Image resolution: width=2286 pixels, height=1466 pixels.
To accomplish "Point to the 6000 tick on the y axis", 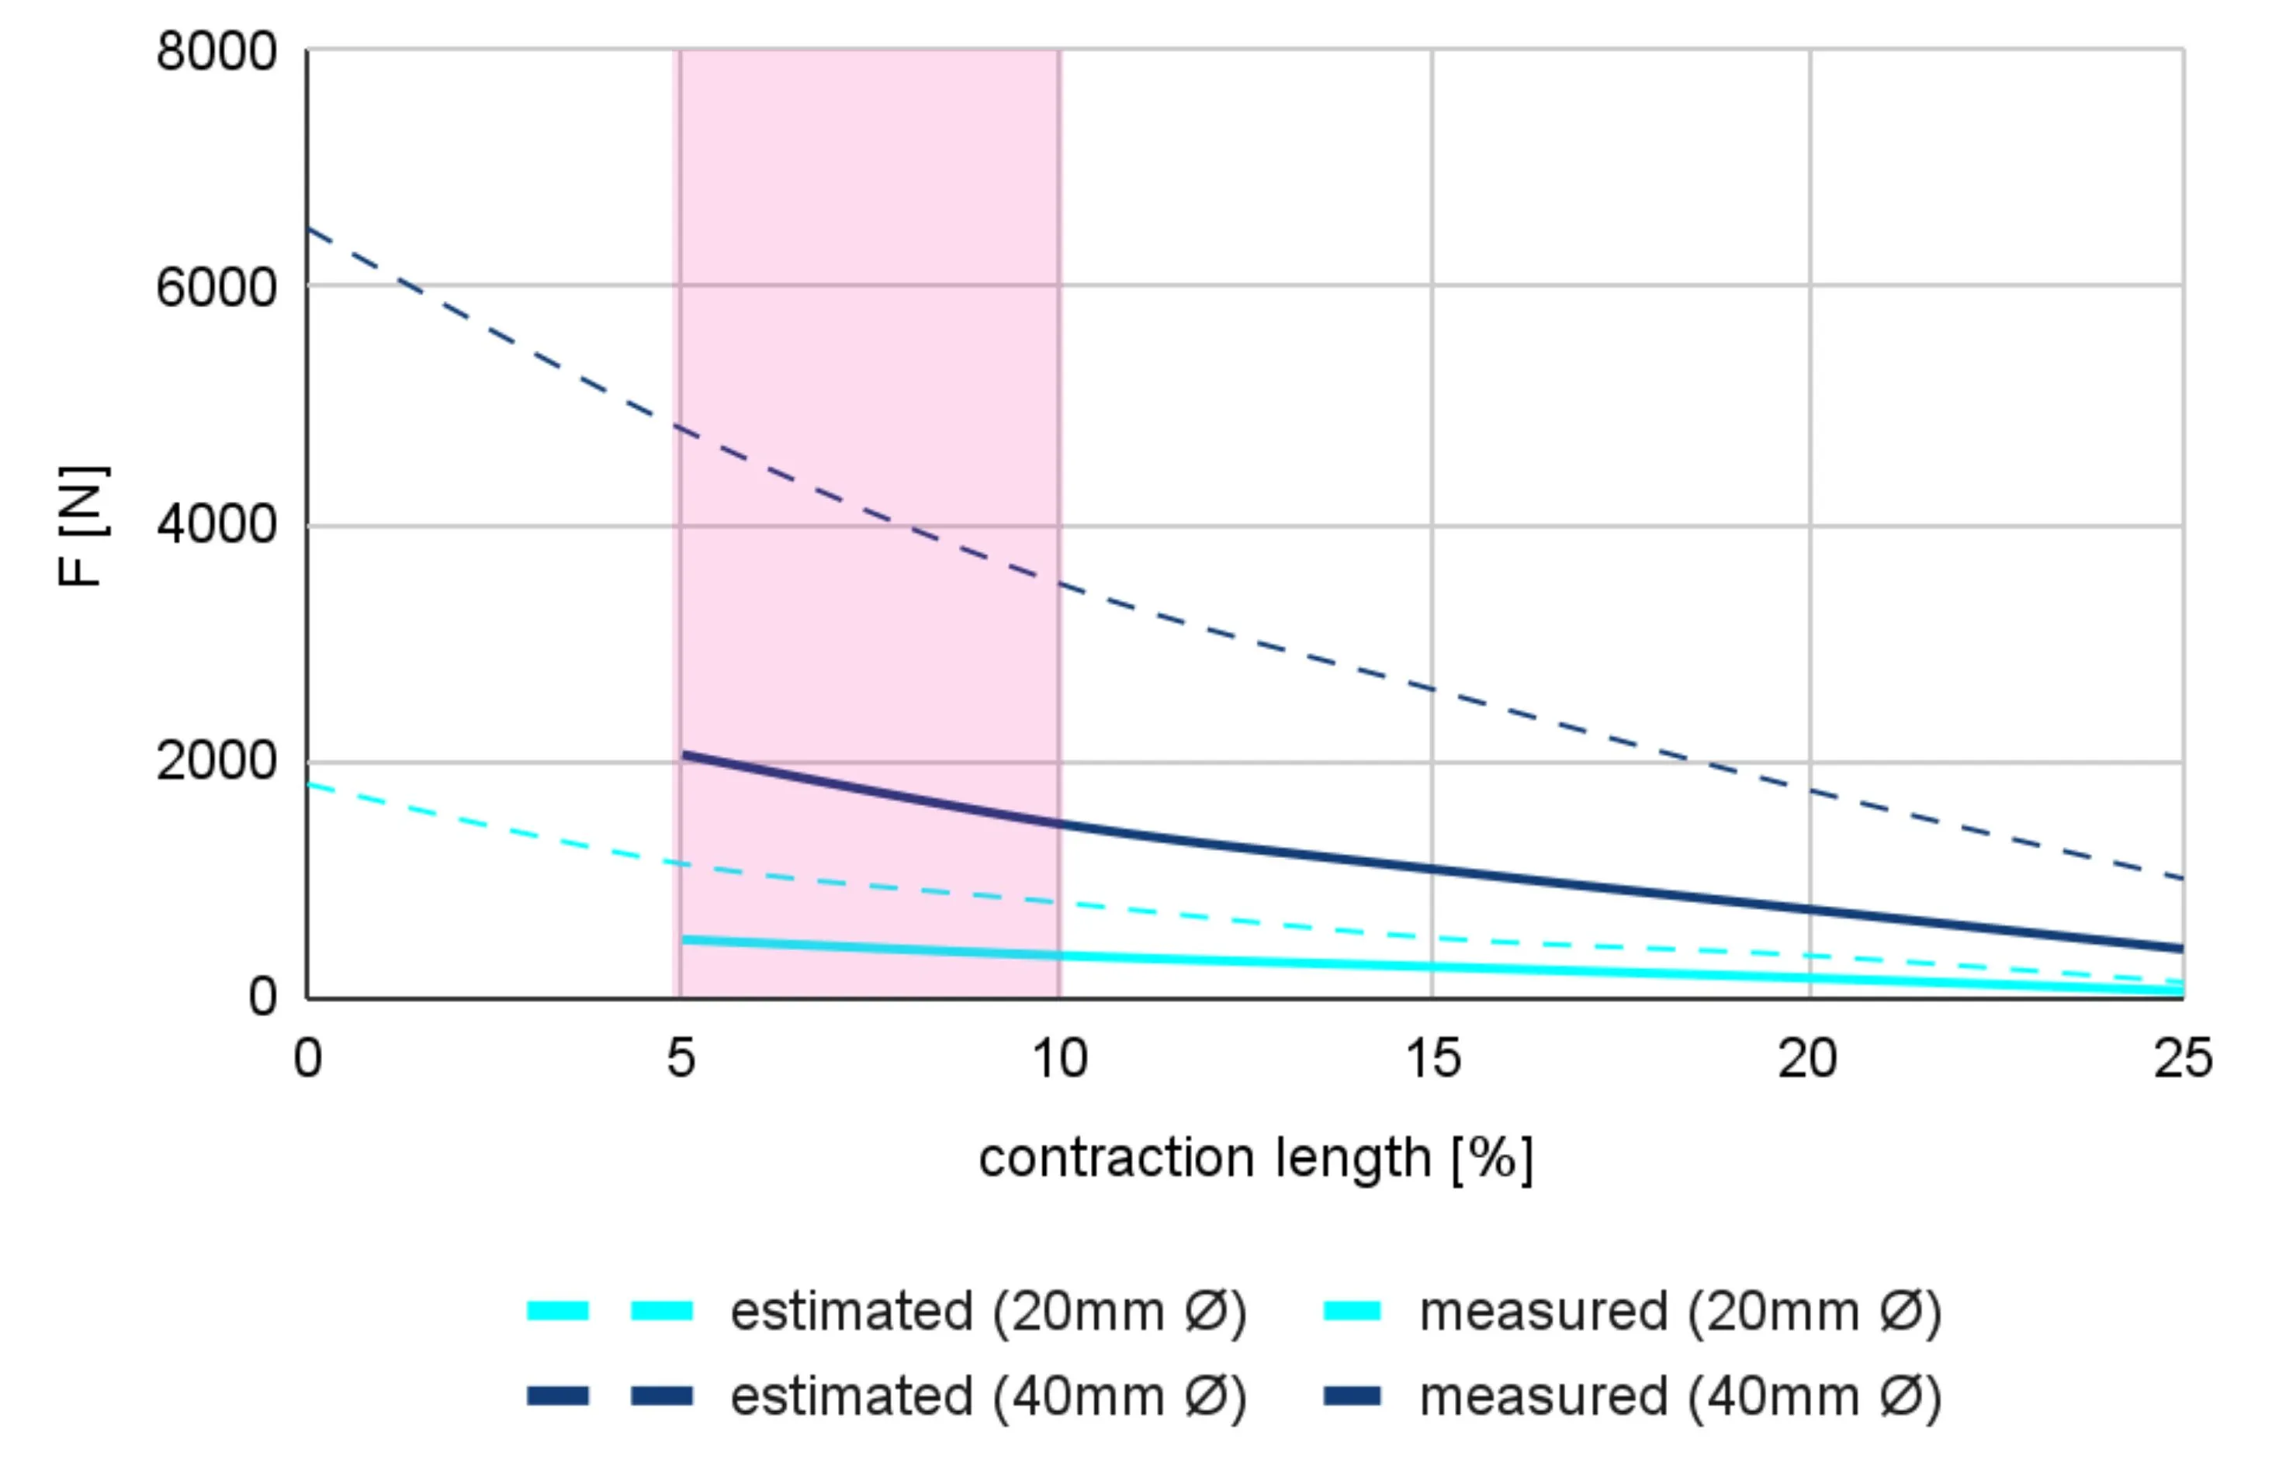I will point(216,288).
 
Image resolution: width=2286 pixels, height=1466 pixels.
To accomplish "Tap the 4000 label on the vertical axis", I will point(216,524).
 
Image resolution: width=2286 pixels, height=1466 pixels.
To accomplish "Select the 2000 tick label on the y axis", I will point(216,762).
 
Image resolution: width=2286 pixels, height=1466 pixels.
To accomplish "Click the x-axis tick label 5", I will point(681,1059).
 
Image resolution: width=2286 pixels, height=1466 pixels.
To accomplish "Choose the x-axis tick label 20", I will point(1808,1059).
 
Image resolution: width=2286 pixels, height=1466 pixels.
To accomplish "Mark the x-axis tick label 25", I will point(2183,1059).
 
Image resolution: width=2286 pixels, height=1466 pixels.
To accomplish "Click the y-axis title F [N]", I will point(83,527).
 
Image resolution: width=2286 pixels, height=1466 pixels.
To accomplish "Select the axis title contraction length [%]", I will point(1256,1160).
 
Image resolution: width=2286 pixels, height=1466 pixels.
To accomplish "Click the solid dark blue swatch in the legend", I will point(1352,1396).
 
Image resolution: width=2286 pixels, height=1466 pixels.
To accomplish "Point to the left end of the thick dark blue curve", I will point(684,755).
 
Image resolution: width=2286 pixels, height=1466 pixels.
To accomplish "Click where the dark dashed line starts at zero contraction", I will point(309,230).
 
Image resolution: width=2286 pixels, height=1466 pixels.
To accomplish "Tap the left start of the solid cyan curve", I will point(684,939).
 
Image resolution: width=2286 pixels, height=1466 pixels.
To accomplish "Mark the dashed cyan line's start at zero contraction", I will point(309,785).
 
